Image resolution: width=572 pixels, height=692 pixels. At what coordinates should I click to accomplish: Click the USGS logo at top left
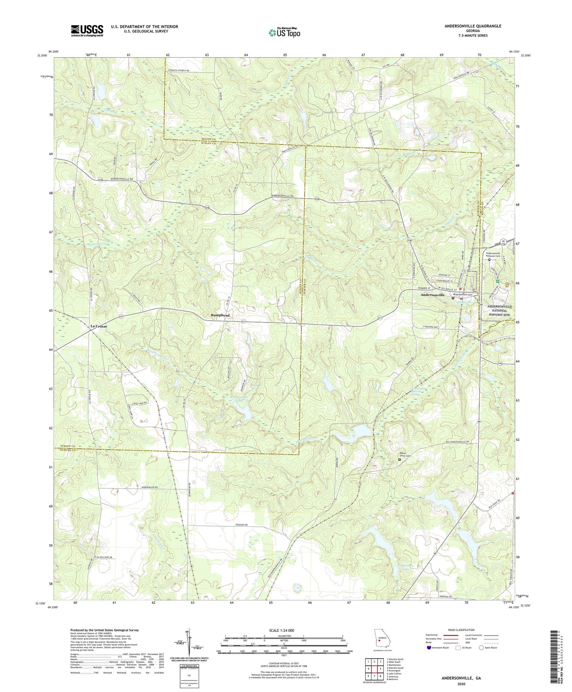pyautogui.click(x=87, y=31)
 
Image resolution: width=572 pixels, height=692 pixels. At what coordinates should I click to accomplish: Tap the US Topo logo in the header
pyautogui.click(x=284, y=33)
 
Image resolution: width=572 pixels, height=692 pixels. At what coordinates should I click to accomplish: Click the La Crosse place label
pyautogui.click(x=99, y=326)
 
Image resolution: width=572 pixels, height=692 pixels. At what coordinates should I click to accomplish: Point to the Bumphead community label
pyautogui.click(x=220, y=315)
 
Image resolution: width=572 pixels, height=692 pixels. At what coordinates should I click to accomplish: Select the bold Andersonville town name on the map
pyautogui.click(x=432, y=295)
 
